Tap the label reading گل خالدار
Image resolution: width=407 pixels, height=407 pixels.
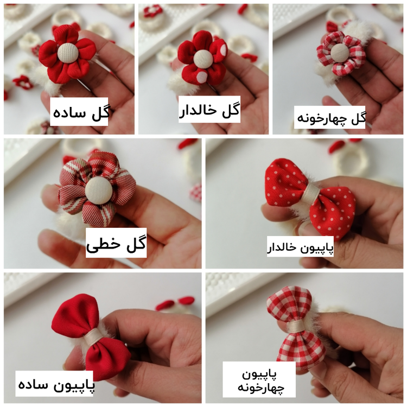tap(209, 110)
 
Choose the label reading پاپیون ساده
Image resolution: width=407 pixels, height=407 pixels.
tap(56, 384)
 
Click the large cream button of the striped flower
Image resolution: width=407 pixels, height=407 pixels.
tap(99, 192)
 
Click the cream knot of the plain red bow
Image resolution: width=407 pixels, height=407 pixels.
tap(92, 339)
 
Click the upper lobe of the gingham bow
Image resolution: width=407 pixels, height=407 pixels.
tap(290, 304)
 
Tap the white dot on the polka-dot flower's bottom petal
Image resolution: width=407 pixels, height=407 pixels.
tap(202, 77)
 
